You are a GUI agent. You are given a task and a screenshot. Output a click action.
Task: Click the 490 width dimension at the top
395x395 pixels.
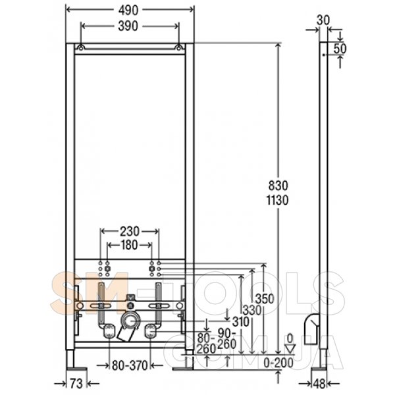pyautogui.click(x=128, y=11)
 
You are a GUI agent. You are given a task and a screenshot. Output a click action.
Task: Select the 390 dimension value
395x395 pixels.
pyautogui.click(x=128, y=26)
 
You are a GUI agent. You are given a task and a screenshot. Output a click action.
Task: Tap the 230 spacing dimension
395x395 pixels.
pyautogui.click(x=130, y=232)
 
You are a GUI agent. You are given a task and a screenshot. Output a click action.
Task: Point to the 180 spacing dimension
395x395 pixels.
pyautogui.click(x=130, y=245)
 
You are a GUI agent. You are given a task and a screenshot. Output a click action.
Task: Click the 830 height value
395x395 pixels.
pyautogui.click(x=278, y=186)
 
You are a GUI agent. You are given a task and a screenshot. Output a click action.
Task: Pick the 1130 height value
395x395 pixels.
pyautogui.click(x=277, y=201)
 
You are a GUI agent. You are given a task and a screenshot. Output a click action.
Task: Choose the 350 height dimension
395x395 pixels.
pyautogui.click(x=265, y=299)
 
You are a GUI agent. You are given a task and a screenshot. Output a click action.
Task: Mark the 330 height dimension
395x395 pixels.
pyautogui.click(x=252, y=310)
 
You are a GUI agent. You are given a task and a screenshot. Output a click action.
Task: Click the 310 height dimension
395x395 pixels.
pyautogui.click(x=241, y=321)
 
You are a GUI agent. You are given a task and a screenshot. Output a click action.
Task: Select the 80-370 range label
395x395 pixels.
pyautogui.click(x=130, y=365)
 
